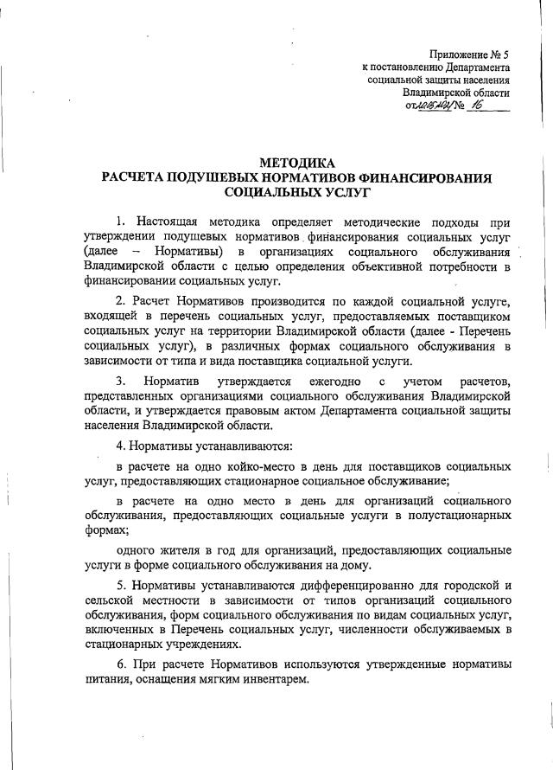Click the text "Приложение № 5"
pos(467,53)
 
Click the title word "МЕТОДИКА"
pos(296,163)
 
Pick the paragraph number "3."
pos(123,382)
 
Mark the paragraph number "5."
pos(123,584)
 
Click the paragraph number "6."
pos(123,665)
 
